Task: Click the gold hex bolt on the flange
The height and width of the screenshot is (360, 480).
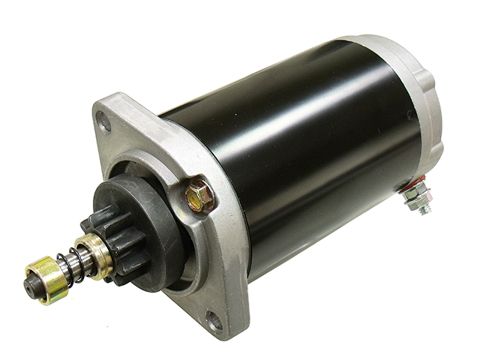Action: click(x=200, y=193)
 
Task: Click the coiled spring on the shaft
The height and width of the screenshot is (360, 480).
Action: click(x=70, y=262)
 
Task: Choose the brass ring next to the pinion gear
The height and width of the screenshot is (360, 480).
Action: click(x=94, y=251)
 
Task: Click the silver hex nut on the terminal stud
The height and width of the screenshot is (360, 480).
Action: click(x=414, y=196)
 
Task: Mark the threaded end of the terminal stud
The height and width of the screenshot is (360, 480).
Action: click(x=425, y=208)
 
